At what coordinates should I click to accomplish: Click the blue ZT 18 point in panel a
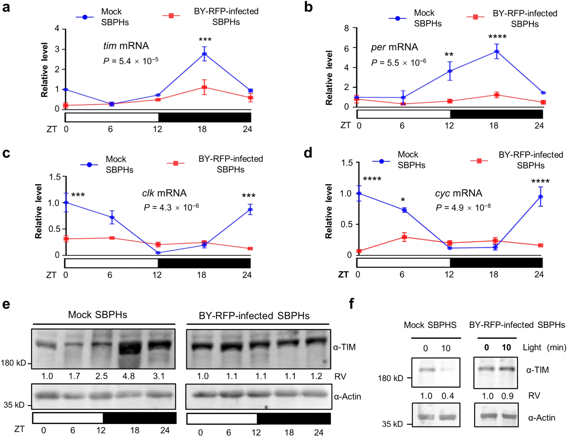(x=204, y=54)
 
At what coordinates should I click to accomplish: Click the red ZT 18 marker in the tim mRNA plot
(x=204, y=88)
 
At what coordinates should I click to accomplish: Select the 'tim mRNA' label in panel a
(x=126, y=46)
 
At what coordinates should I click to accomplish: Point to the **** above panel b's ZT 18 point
(x=497, y=37)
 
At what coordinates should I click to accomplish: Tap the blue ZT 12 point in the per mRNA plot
(x=450, y=71)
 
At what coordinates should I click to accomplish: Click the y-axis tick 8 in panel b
(x=347, y=28)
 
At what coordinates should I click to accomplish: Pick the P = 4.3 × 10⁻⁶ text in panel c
(x=171, y=207)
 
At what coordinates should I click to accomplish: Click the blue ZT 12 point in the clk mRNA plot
(x=158, y=253)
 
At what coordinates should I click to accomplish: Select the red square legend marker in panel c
(x=176, y=163)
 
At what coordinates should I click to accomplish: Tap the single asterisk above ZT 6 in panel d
(x=403, y=200)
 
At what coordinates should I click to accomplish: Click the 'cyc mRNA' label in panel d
(x=458, y=193)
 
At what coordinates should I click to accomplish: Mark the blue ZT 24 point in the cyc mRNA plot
(x=540, y=197)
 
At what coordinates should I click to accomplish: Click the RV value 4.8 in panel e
(x=129, y=376)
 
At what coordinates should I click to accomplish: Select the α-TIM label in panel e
(x=344, y=347)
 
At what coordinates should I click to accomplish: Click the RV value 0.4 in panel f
(x=448, y=396)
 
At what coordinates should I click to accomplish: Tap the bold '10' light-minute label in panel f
(x=506, y=348)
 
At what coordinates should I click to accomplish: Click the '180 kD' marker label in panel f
(x=390, y=378)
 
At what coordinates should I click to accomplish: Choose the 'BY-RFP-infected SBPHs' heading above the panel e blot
(x=254, y=316)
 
